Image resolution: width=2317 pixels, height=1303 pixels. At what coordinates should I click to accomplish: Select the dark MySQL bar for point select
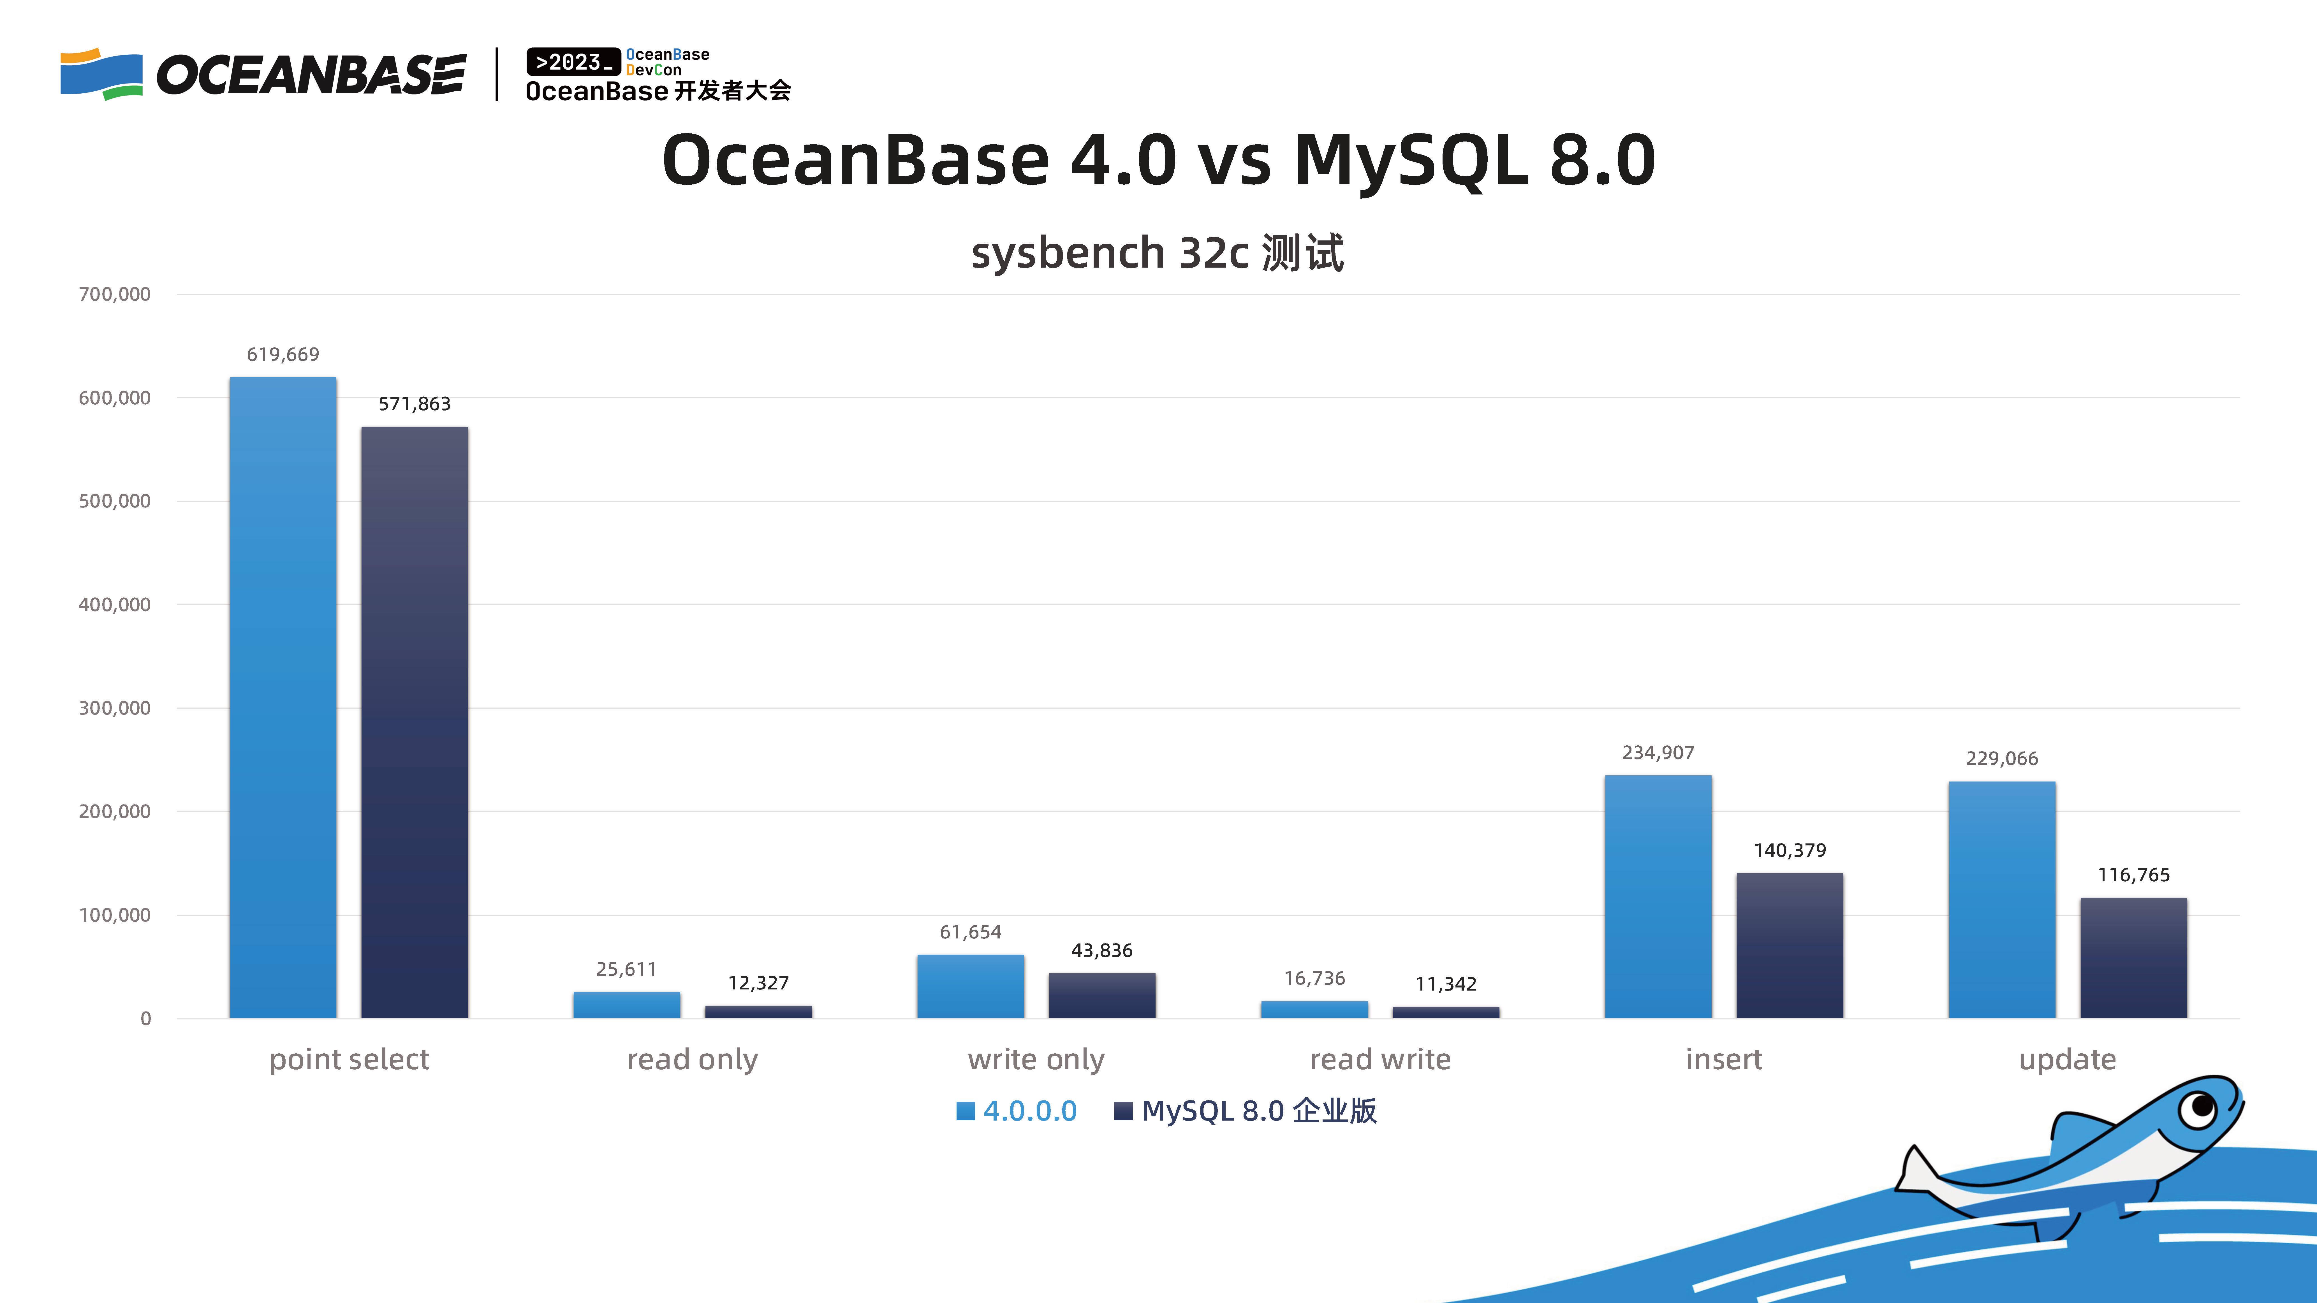(x=415, y=722)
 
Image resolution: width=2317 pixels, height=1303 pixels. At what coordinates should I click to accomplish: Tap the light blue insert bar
(x=1658, y=896)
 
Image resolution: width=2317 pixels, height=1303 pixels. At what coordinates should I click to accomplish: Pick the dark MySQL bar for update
(x=2133, y=958)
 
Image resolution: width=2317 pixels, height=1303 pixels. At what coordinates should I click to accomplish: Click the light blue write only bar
(x=971, y=986)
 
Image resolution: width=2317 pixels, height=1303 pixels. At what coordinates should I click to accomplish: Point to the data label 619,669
(x=283, y=354)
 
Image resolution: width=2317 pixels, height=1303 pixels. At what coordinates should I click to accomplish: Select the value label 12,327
(x=758, y=983)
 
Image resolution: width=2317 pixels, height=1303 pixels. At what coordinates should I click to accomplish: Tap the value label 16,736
(x=1314, y=979)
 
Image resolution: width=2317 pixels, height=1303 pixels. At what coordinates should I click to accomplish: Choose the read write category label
(x=1380, y=1059)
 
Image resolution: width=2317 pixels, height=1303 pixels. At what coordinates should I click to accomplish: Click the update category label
(x=2067, y=1059)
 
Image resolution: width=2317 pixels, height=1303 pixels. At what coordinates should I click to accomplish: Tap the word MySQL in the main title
(x=1410, y=160)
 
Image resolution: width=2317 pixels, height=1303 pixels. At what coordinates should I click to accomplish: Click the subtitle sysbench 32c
(x=1110, y=253)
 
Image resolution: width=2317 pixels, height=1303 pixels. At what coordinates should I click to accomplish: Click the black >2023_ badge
(x=573, y=62)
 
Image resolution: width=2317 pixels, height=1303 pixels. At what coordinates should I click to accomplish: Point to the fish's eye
(x=2199, y=1106)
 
